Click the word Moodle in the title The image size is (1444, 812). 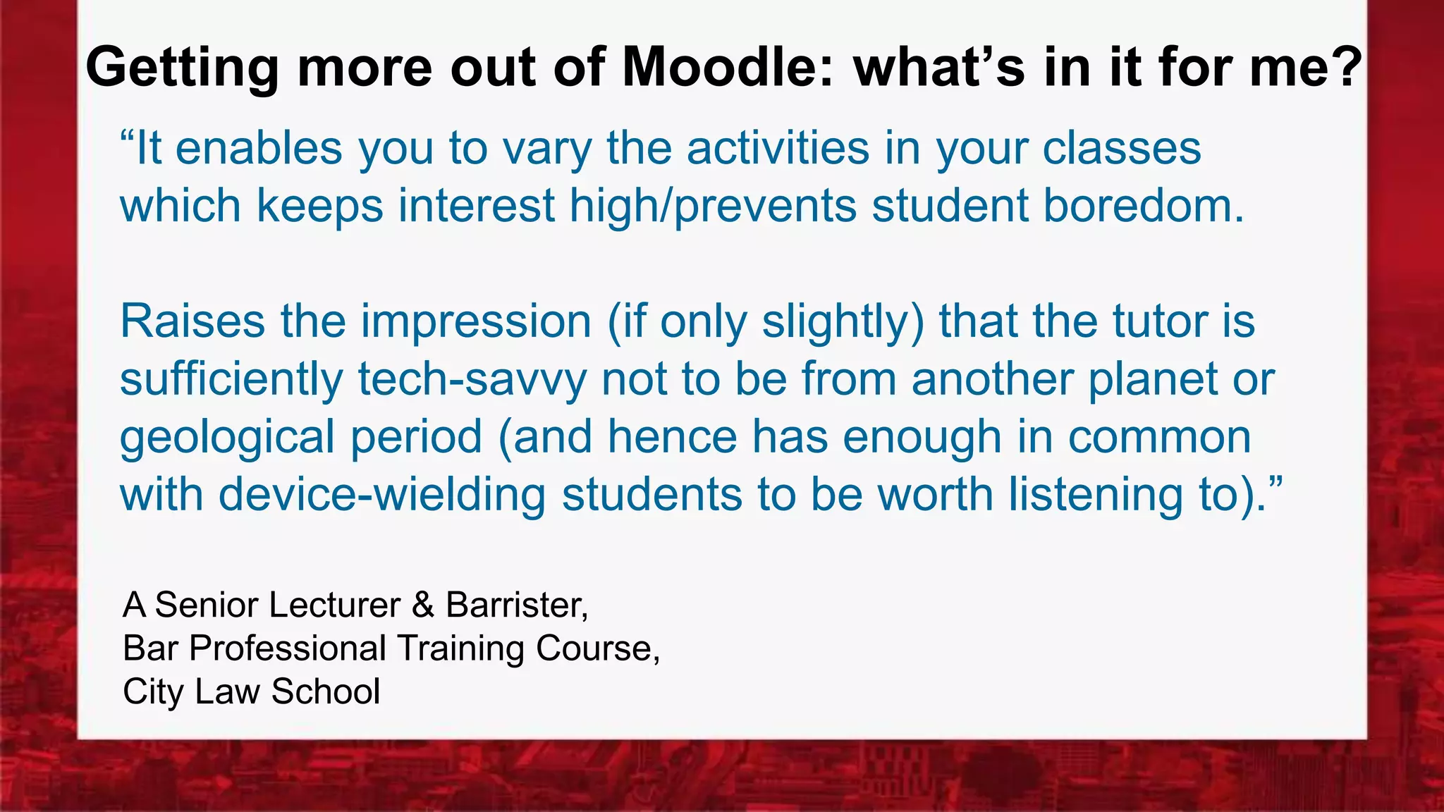[x=727, y=68]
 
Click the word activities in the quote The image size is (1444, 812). [x=778, y=149]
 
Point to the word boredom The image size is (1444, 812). [x=1143, y=206]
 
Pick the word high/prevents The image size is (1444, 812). [x=713, y=207]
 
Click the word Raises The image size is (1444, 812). [x=192, y=321]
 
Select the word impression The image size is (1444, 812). [x=476, y=321]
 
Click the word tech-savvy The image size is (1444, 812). [x=472, y=380]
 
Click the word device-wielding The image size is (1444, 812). [x=381, y=494]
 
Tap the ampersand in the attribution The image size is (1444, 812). [x=423, y=605]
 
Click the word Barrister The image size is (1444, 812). [x=516, y=605]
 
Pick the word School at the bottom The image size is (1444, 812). [x=325, y=691]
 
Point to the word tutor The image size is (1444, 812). [x=1159, y=321]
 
